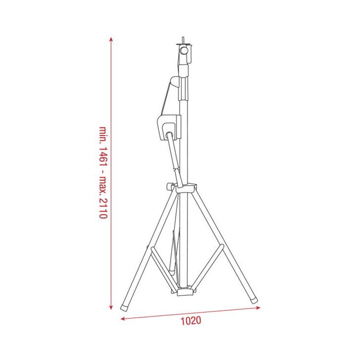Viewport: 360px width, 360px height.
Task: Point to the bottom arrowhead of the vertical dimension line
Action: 111,306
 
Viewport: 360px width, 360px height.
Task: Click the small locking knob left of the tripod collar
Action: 169,187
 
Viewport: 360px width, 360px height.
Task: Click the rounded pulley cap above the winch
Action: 173,81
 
